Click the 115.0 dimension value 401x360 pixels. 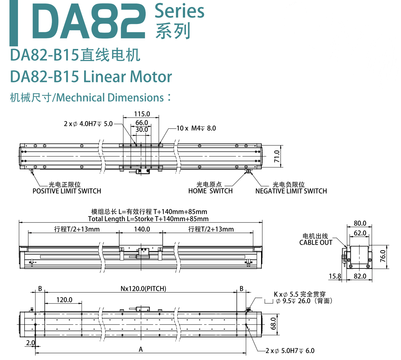tap(142, 114)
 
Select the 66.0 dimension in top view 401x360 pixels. tap(142, 122)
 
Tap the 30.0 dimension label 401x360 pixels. tap(142, 129)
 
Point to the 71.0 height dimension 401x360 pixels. tap(277, 156)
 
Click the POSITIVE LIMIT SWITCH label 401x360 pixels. tap(67, 191)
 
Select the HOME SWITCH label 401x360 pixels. tap(210, 191)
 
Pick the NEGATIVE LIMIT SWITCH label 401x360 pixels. tap(291, 191)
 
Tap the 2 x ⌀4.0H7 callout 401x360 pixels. tap(88, 124)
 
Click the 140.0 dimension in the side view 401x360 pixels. tap(142, 229)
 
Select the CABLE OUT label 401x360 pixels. tap(316, 242)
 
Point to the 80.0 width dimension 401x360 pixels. tap(360, 223)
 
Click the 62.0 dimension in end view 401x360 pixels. tap(360, 233)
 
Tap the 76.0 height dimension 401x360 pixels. tap(383, 256)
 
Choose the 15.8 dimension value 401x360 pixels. tap(335, 276)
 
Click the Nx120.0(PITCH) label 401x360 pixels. tap(143, 288)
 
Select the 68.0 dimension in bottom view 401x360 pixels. tap(273, 323)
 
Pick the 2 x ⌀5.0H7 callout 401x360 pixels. tap(290, 351)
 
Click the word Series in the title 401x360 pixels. tap(179, 11)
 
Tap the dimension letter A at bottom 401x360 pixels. tap(141, 349)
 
